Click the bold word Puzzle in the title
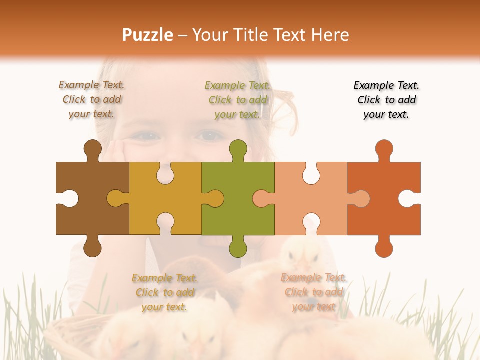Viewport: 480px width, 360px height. click(148, 35)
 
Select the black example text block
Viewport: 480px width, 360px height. click(386, 100)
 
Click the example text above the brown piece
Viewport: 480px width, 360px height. click(91, 100)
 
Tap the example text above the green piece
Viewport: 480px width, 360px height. click(237, 100)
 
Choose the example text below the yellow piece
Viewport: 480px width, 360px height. click(164, 292)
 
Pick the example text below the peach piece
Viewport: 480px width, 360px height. click(313, 292)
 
